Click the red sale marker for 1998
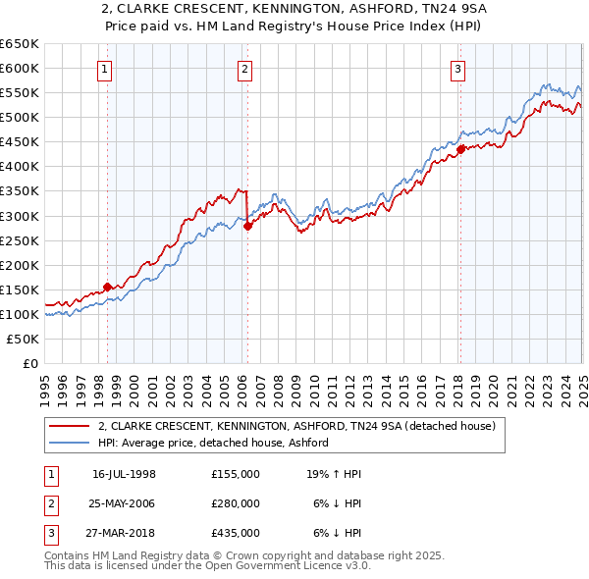click(x=107, y=287)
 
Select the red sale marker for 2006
click(x=247, y=225)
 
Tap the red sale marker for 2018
click(x=459, y=149)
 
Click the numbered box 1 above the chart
click(x=104, y=69)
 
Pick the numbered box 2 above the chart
click(x=244, y=69)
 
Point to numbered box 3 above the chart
click(x=457, y=69)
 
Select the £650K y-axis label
click(x=20, y=44)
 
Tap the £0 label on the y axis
click(x=29, y=363)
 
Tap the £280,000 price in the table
click(x=236, y=503)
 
